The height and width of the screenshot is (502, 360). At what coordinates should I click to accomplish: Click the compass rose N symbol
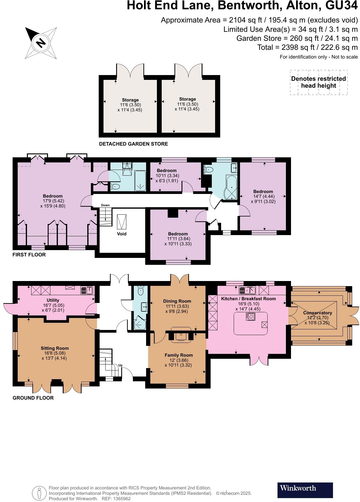click(41, 43)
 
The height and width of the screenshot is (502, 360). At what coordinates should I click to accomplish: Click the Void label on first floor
click(121, 234)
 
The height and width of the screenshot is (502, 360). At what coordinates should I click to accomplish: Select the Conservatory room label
click(317, 313)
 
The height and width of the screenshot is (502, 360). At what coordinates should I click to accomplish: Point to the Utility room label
click(53, 300)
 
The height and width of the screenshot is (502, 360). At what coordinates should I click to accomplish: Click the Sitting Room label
click(55, 348)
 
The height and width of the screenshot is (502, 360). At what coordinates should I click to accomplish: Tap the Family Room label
click(178, 355)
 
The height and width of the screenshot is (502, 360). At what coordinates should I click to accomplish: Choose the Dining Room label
click(177, 301)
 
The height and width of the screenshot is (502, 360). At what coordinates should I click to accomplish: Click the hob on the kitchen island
click(250, 316)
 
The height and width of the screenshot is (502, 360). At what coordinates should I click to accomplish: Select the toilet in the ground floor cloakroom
click(141, 291)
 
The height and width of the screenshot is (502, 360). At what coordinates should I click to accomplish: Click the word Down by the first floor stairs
click(105, 205)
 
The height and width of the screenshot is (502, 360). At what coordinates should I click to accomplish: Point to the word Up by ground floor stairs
click(120, 365)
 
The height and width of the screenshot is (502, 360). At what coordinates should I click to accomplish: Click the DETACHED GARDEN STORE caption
click(133, 144)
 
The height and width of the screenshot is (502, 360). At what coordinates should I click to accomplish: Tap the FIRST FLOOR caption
click(29, 255)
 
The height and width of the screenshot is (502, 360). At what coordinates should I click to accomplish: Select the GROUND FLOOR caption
click(33, 398)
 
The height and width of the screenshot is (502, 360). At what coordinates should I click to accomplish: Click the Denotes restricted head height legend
click(319, 82)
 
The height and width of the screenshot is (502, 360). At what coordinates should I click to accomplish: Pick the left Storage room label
click(130, 100)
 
